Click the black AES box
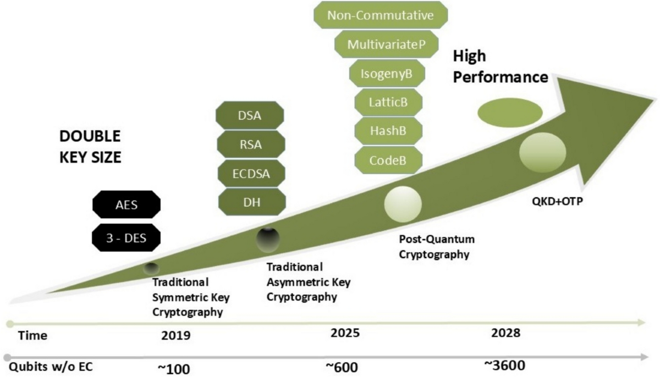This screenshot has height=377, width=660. click(127, 204)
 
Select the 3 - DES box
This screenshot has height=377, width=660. click(126, 237)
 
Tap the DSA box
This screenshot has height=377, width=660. click(250, 115)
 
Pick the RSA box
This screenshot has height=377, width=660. click(251, 145)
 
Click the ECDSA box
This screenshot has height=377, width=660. click(251, 173)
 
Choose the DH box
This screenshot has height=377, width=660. click(252, 202)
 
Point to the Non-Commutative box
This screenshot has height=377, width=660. click(381, 15)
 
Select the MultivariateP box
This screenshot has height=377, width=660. click(386, 44)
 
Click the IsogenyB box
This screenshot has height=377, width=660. click(387, 73)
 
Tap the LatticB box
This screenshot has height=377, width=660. click(388, 102)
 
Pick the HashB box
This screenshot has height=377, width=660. click(388, 131)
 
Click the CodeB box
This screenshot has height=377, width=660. click(388, 160)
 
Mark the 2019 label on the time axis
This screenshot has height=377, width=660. click(176, 335)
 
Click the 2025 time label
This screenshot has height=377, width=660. click(345, 333)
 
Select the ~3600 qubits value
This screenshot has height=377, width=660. click(505, 365)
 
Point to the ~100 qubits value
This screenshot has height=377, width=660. click(174, 369)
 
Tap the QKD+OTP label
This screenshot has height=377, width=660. click(558, 201)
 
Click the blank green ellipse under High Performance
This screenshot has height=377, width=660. click(510, 113)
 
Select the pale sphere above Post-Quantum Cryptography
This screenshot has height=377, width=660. click(403, 204)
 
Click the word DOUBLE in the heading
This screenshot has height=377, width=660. click(90, 136)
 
